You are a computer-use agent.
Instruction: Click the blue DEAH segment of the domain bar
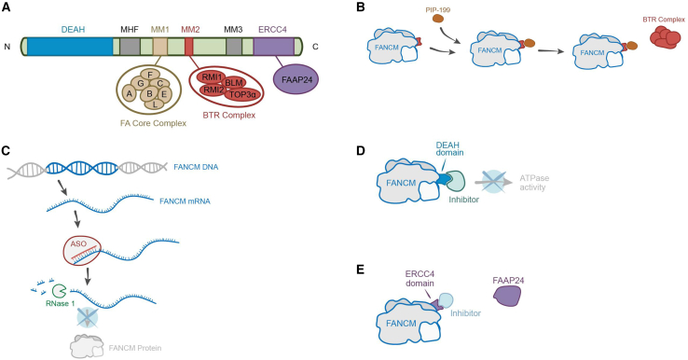[70, 47]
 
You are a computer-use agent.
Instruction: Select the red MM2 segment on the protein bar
[188, 47]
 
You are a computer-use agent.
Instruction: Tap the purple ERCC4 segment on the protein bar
[274, 47]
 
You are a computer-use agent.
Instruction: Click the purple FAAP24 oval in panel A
[296, 79]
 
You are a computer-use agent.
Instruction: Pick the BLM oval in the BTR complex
[235, 82]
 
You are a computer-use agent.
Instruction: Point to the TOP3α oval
[242, 93]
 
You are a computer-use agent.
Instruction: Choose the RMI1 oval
[211, 77]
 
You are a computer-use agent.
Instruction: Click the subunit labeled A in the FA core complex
[129, 93]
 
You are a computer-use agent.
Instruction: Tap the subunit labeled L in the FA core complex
[155, 104]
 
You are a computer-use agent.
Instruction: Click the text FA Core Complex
[153, 123]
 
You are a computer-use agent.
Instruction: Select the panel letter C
[6, 150]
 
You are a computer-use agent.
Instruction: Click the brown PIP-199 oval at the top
[438, 19]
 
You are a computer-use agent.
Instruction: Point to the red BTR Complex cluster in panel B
[666, 37]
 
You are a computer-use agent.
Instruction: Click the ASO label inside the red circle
[78, 243]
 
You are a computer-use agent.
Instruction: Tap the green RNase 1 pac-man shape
[60, 291]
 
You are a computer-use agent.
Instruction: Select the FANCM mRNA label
[185, 201]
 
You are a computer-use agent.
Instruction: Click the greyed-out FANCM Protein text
[135, 348]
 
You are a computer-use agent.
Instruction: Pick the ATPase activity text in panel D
[534, 183]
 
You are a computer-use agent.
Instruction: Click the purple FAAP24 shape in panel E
[508, 295]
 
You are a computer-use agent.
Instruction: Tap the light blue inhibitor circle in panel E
[446, 300]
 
